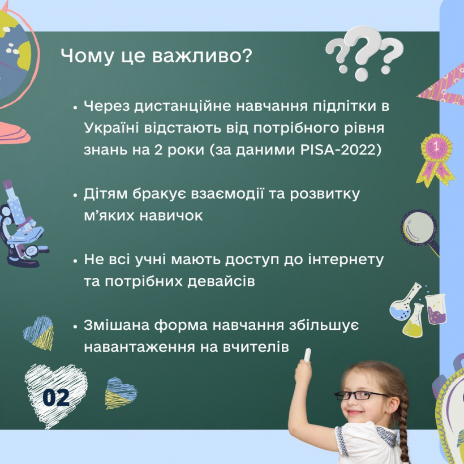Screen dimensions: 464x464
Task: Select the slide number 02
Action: coord(56,397)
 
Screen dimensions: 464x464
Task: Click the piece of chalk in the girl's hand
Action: coord(307,355)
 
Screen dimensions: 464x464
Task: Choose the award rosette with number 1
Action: coord(436,160)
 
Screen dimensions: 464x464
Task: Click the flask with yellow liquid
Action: coord(414,321)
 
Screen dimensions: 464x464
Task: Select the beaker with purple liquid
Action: coord(436,309)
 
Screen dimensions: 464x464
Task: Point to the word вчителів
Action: coord(256,347)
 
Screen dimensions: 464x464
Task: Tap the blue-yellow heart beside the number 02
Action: coord(121,393)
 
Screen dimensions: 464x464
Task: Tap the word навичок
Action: coord(171,216)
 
